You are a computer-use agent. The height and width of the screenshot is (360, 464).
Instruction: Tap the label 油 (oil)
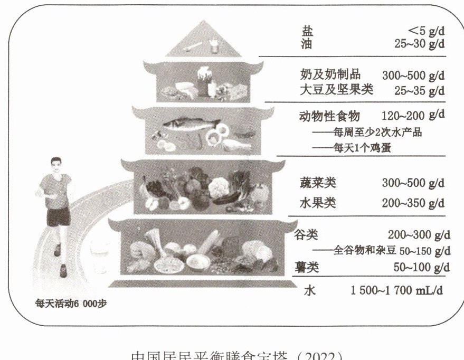(307, 44)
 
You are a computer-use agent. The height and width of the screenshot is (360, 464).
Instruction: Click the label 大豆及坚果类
(336, 90)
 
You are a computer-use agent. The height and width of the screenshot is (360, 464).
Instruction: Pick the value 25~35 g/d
(419, 90)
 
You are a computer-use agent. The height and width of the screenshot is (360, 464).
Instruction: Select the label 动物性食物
(329, 116)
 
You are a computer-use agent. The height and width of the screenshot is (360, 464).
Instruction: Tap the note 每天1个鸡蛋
(361, 148)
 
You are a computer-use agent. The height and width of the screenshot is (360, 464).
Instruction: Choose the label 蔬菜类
(318, 183)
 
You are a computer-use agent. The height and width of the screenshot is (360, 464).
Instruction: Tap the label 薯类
(307, 267)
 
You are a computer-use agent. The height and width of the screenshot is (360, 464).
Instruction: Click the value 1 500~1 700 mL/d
(397, 289)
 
